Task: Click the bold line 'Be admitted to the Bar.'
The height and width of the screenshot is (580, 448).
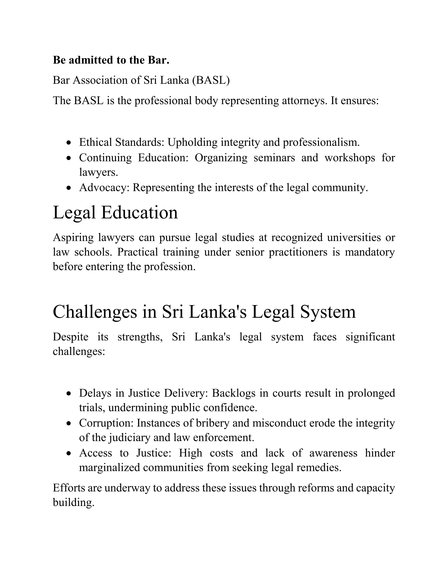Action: pos(111,60)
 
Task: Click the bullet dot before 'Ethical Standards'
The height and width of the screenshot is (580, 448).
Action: pos(69,143)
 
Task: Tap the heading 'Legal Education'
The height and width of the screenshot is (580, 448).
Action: pos(115,213)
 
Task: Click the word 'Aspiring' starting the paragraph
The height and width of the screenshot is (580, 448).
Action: pos(73,237)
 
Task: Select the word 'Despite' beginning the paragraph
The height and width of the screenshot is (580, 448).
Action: pos(70,337)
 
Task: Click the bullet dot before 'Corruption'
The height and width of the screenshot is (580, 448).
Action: pos(69,424)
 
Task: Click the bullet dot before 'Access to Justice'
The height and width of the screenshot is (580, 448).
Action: pos(69,454)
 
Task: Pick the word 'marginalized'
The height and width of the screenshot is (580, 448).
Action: pos(109,468)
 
